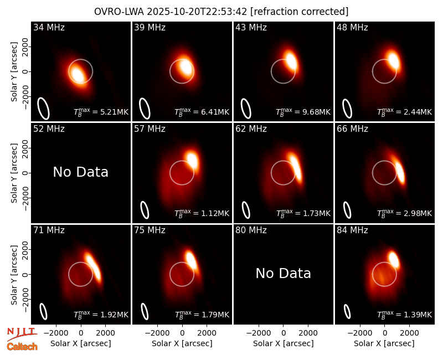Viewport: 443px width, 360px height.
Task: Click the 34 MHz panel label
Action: click(x=49, y=27)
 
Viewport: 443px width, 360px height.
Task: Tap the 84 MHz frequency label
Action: click(x=352, y=230)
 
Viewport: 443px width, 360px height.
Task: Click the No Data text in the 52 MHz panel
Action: click(x=80, y=172)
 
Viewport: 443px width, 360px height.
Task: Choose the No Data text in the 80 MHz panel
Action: click(x=283, y=273)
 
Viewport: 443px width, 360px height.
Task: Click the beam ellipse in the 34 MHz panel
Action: click(x=44, y=109)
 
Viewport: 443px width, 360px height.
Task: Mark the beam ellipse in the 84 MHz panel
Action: click(x=347, y=311)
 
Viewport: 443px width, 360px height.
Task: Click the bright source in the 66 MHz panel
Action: click(x=400, y=172)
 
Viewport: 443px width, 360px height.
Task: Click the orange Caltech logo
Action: click(x=22, y=347)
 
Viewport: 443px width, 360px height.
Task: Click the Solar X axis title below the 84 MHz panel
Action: click(x=384, y=343)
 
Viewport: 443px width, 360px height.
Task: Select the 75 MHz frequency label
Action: click(x=150, y=230)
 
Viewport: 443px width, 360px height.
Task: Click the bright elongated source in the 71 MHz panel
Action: click(x=93, y=267)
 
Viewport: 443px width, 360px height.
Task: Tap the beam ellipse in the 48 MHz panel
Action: click(x=347, y=109)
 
